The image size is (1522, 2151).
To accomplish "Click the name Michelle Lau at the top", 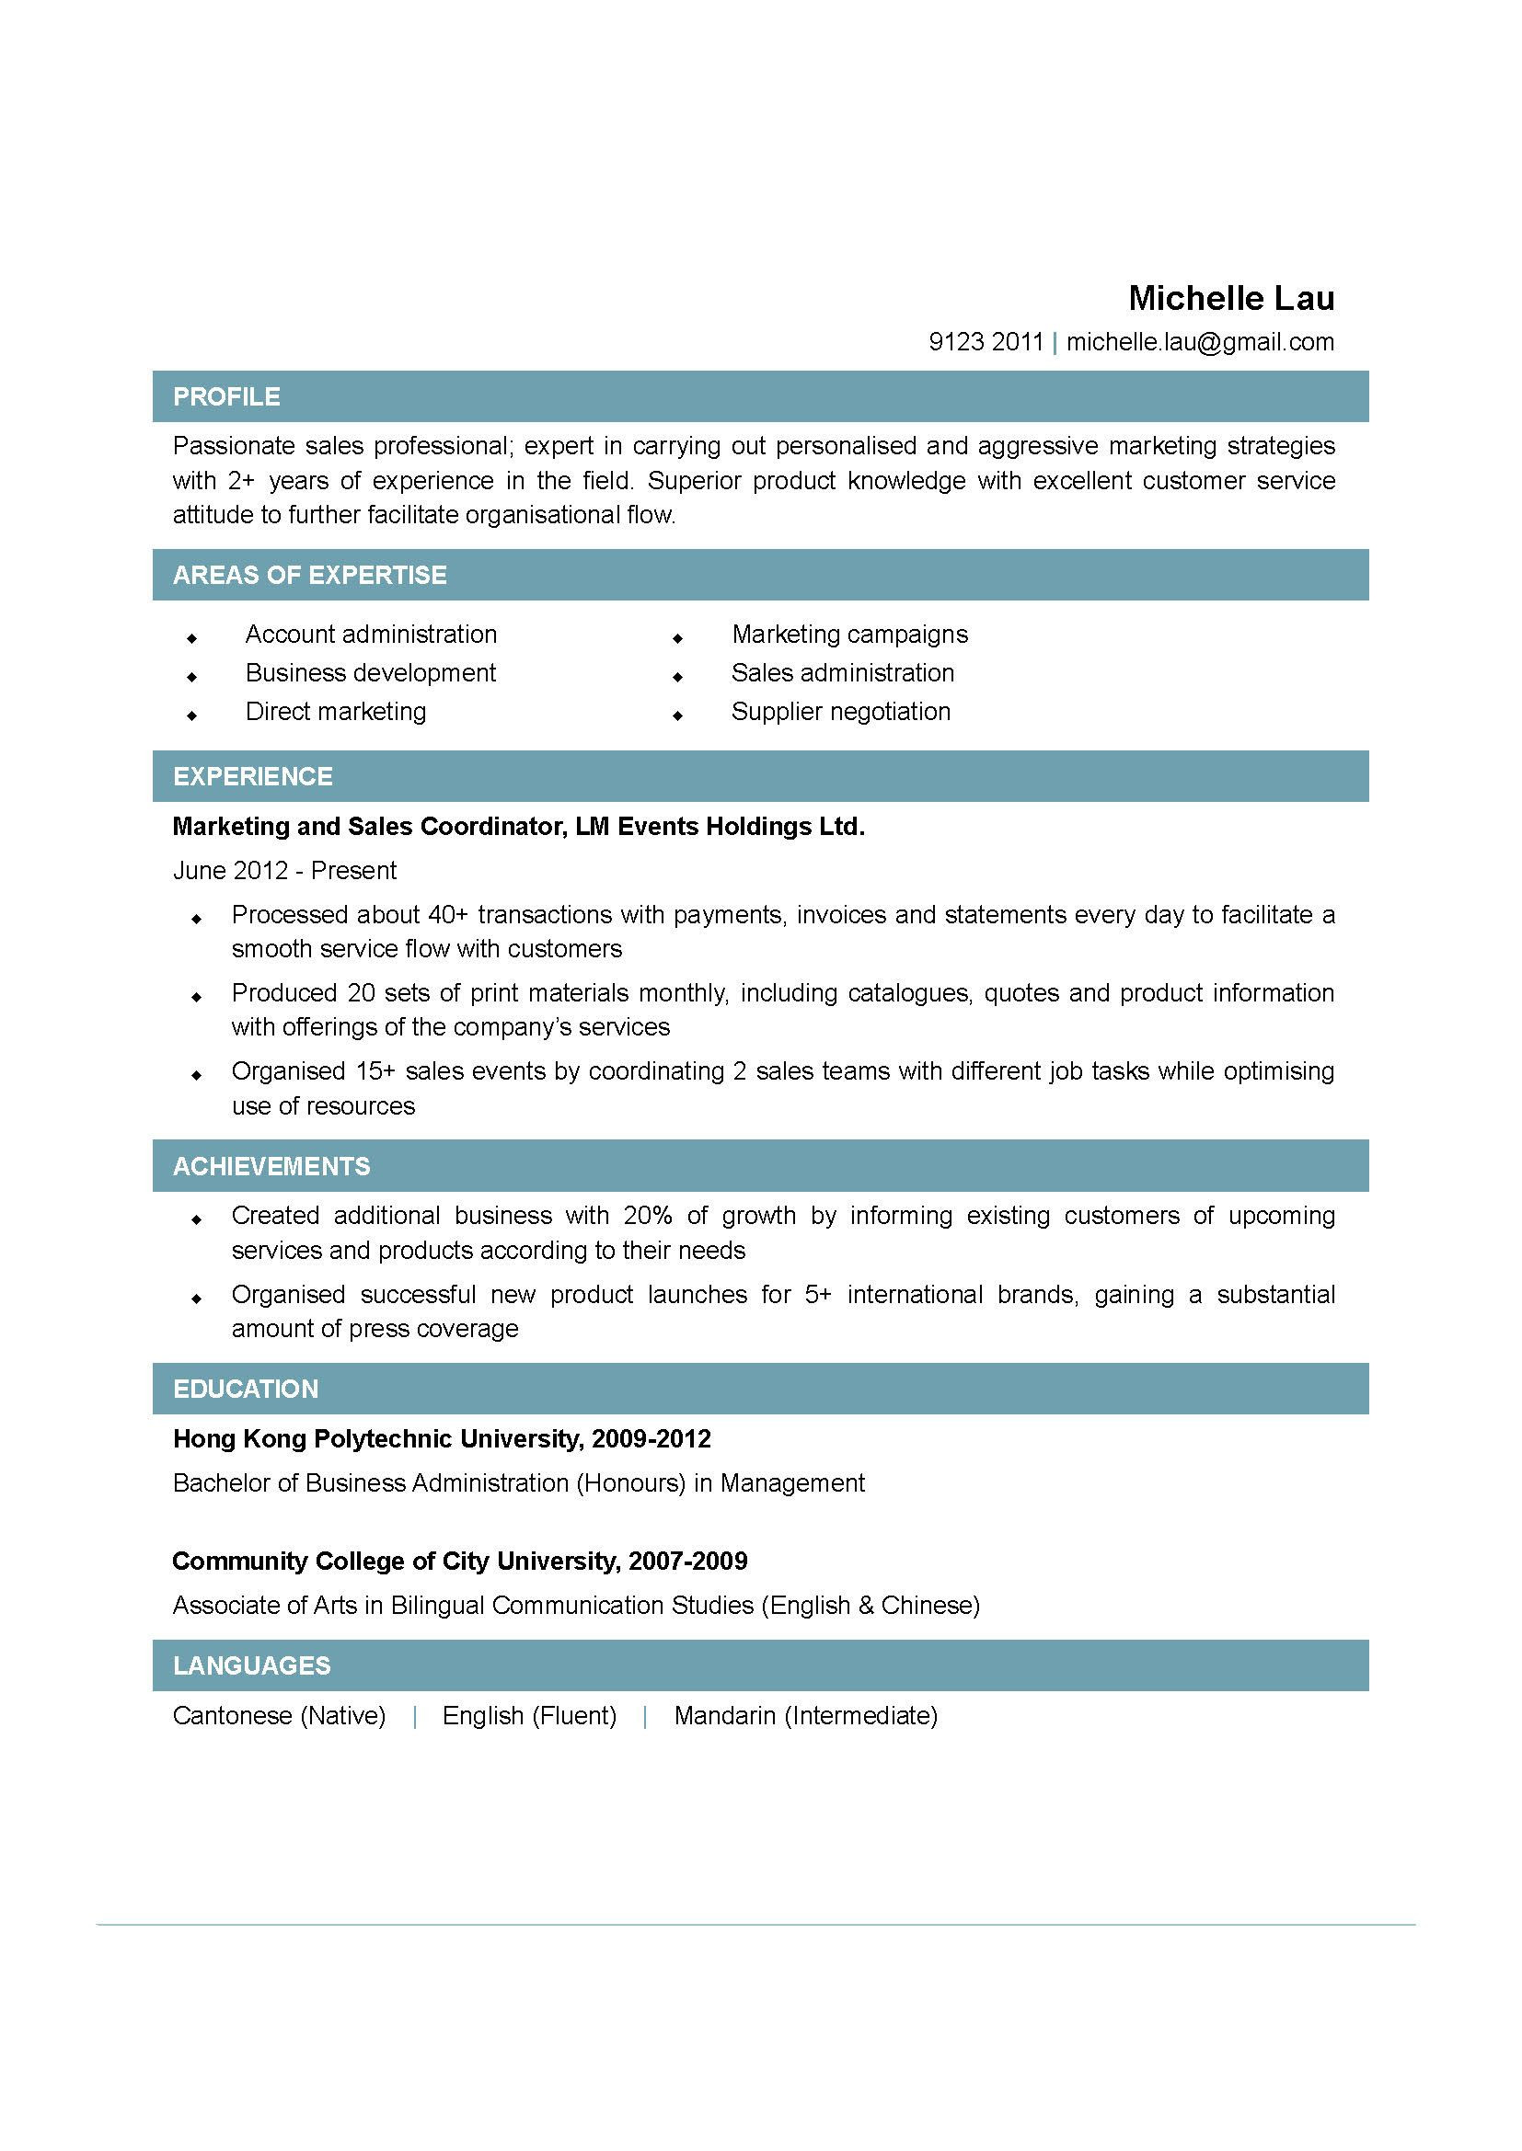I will pyautogui.click(x=1230, y=298).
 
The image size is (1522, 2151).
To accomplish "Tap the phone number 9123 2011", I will pyautogui.click(x=985, y=342).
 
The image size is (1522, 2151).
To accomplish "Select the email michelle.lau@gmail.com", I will pyautogui.click(x=1200, y=342).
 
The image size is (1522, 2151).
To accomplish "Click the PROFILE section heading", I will pyautogui.click(x=225, y=396).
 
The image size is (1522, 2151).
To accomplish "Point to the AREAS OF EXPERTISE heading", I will pyautogui.click(x=309, y=574).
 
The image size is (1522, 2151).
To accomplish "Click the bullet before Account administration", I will pyautogui.click(x=192, y=638).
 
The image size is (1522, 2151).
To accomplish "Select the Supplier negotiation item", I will pyautogui.click(x=840, y=711).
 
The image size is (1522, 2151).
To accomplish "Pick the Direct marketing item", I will pyautogui.click(x=336, y=711).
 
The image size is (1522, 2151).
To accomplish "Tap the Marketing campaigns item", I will pyautogui.click(x=849, y=635).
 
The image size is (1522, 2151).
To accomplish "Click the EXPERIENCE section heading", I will pyautogui.click(x=252, y=776).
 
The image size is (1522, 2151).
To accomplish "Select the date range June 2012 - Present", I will pyautogui.click(x=284, y=870).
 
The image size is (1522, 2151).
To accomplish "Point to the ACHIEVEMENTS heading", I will pyautogui.click(x=271, y=1165).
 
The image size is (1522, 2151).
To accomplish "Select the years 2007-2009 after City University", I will pyautogui.click(x=688, y=1561).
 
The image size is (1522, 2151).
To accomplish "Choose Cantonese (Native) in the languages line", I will pyautogui.click(x=280, y=1715).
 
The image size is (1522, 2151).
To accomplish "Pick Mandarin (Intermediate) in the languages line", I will pyautogui.click(x=805, y=1715).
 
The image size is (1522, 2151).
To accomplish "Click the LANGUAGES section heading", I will pyautogui.click(x=251, y=1665).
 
